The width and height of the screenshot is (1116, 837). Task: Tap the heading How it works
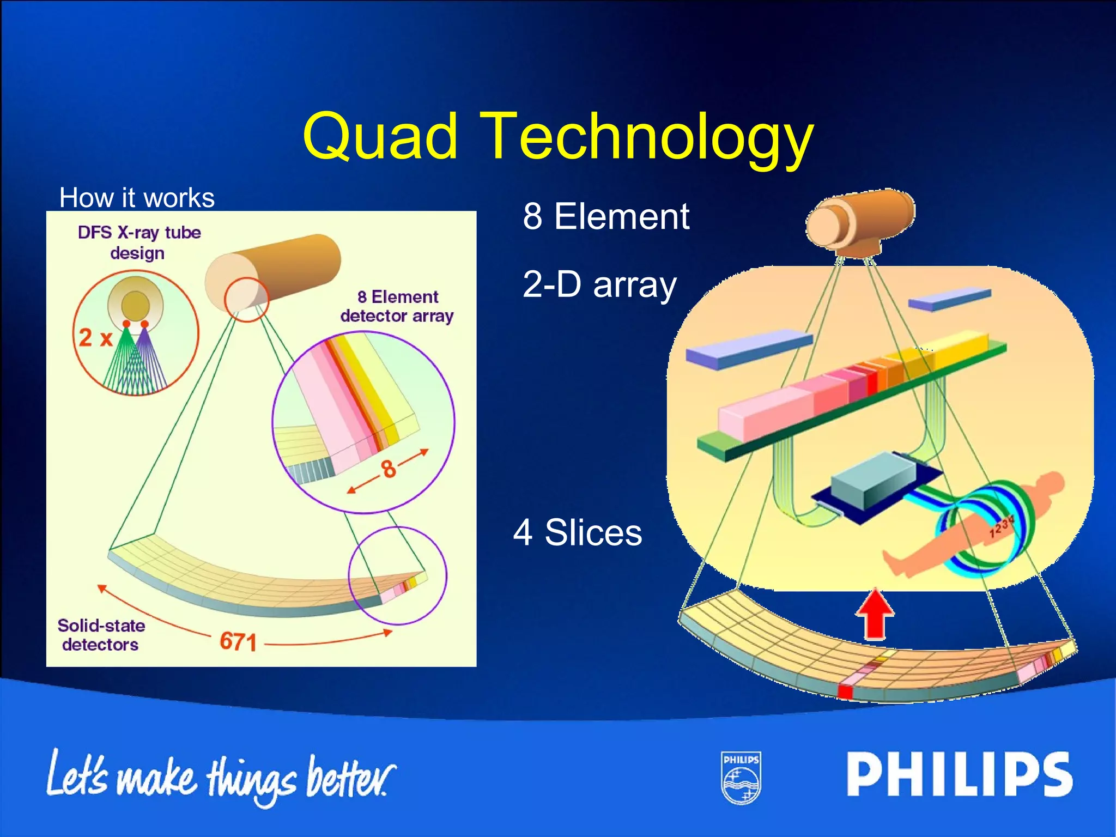coord(137,197)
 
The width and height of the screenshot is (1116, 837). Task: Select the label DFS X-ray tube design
coord(139,242)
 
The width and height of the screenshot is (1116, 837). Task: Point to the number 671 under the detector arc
coord(238,641)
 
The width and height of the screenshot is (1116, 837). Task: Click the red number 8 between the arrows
coord(388,469)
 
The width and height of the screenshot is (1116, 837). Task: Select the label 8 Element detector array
coord(397,306)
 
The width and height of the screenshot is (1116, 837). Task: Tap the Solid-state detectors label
coord(101,635)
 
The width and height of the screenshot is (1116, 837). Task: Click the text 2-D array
coord(599,284)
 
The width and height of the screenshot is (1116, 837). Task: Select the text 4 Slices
coord(578,532)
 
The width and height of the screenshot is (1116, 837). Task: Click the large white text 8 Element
coord(606,216)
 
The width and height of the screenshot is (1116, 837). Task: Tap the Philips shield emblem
coord(741,778)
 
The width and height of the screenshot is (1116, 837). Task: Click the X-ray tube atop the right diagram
coord(861,221)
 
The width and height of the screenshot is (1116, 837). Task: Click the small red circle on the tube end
coord(246,299)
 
